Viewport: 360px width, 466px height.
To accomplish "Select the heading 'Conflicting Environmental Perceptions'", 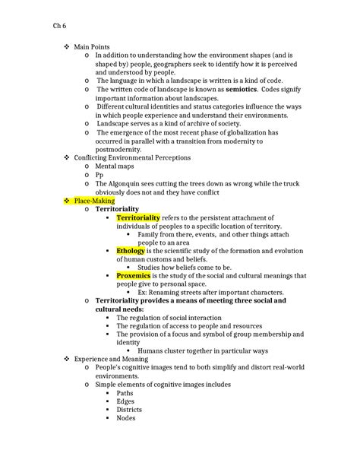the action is (132, 157).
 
